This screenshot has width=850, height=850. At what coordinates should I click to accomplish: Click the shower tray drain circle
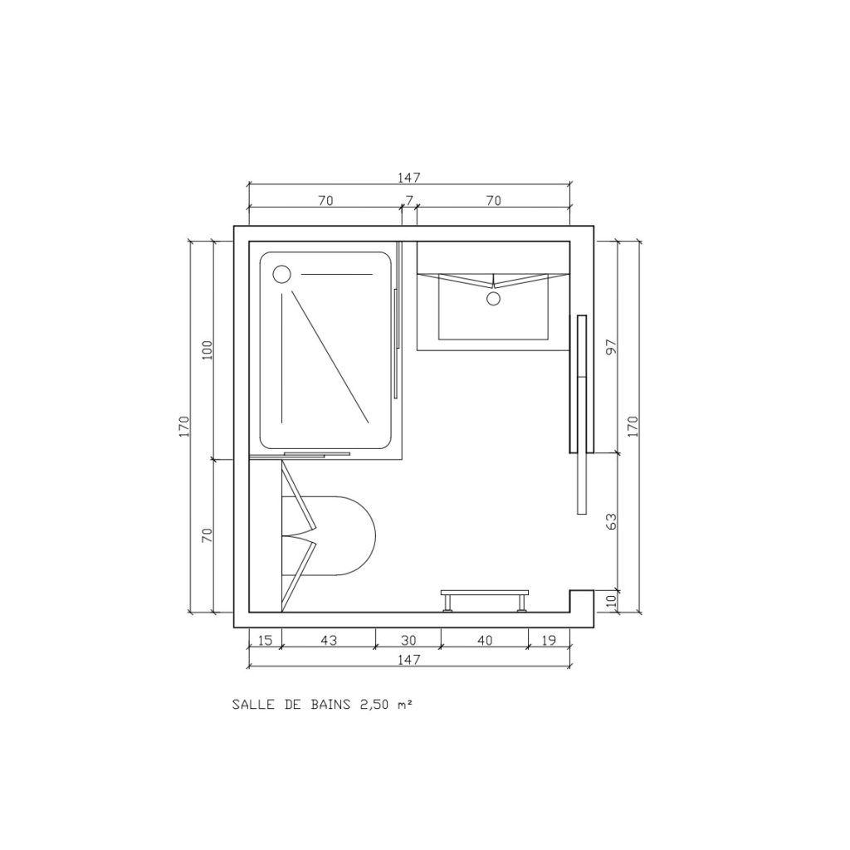[x=282, y=274]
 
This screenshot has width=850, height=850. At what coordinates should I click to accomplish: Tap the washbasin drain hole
[x=493, y=298]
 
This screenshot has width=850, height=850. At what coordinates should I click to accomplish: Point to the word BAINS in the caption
[x=330, y=705]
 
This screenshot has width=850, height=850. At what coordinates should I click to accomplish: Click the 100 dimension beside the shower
[x=208, y=350]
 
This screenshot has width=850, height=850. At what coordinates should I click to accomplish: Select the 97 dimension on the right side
[x=612, y=347]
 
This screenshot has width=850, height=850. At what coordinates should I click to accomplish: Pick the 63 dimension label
[x=611, y=521]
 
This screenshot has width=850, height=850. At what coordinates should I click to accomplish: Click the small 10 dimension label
[x=612, y=601]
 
